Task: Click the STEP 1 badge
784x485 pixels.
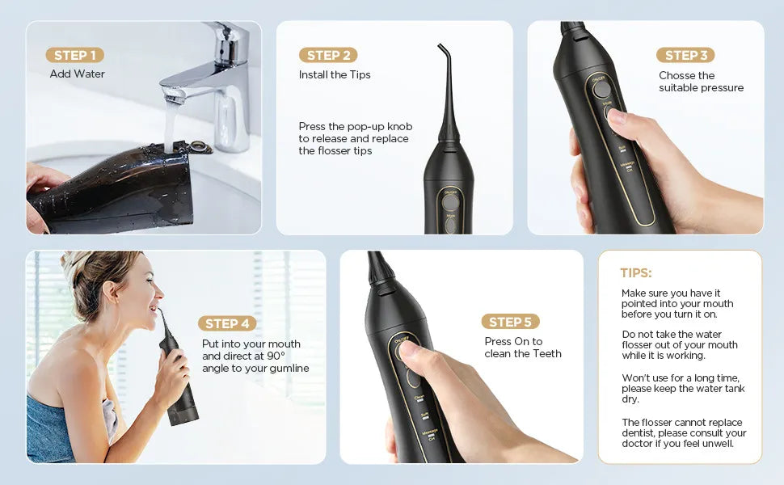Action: click(x=74, y=55)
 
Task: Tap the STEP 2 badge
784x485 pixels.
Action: click(x=328, y=55)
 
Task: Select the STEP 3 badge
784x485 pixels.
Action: click(x=685, y=55)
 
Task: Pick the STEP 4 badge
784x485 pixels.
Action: click(x=227, y=323)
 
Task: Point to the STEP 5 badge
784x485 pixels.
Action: click(x=510, y=322)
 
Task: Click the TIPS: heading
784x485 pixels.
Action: click(x=636, y=273)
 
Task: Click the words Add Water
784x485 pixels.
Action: click(x=78, y=74)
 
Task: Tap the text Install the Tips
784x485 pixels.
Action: click(x=335, y=75)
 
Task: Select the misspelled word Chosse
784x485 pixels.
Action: click(x=677, y=76)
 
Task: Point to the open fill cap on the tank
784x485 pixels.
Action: click(x=196, y=147)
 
